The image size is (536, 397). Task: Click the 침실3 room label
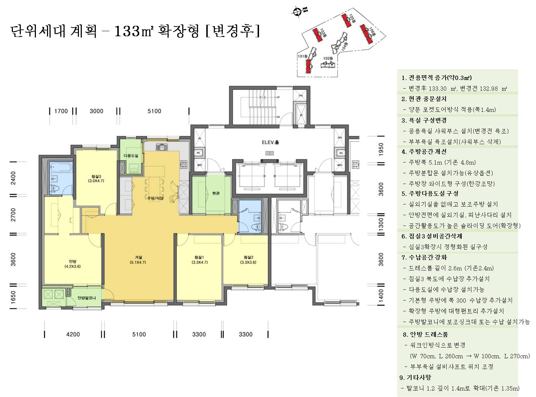pyautogui.click(x=96, y=176)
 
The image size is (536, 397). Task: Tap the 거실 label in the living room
pyautogui.click(x=138, y=257)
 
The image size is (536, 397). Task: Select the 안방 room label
pyautogui.click(x=72, y=261)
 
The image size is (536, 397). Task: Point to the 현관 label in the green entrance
pyautogui.click(x=215, y=193)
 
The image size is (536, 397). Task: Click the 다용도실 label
pyautogui.click(x=131, y=156)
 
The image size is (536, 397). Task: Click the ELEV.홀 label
pyautogui.click(x=270, y=142)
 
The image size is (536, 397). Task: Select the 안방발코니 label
pyautogui.click(x=86, y=298)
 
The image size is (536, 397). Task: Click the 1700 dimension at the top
pyautogui.click(x=61, y=111)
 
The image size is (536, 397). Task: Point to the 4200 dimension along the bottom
pyautogui.click(x=73, y=334)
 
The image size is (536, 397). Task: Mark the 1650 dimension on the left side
pyautogui.click(x=13, y=297)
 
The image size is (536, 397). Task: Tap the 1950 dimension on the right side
pyautogui.click(x=381, y=149)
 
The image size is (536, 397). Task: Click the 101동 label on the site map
pyautogui.click(x=302, y=56)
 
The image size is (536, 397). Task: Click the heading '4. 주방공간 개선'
pyautogui.click(x=424, y=152)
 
